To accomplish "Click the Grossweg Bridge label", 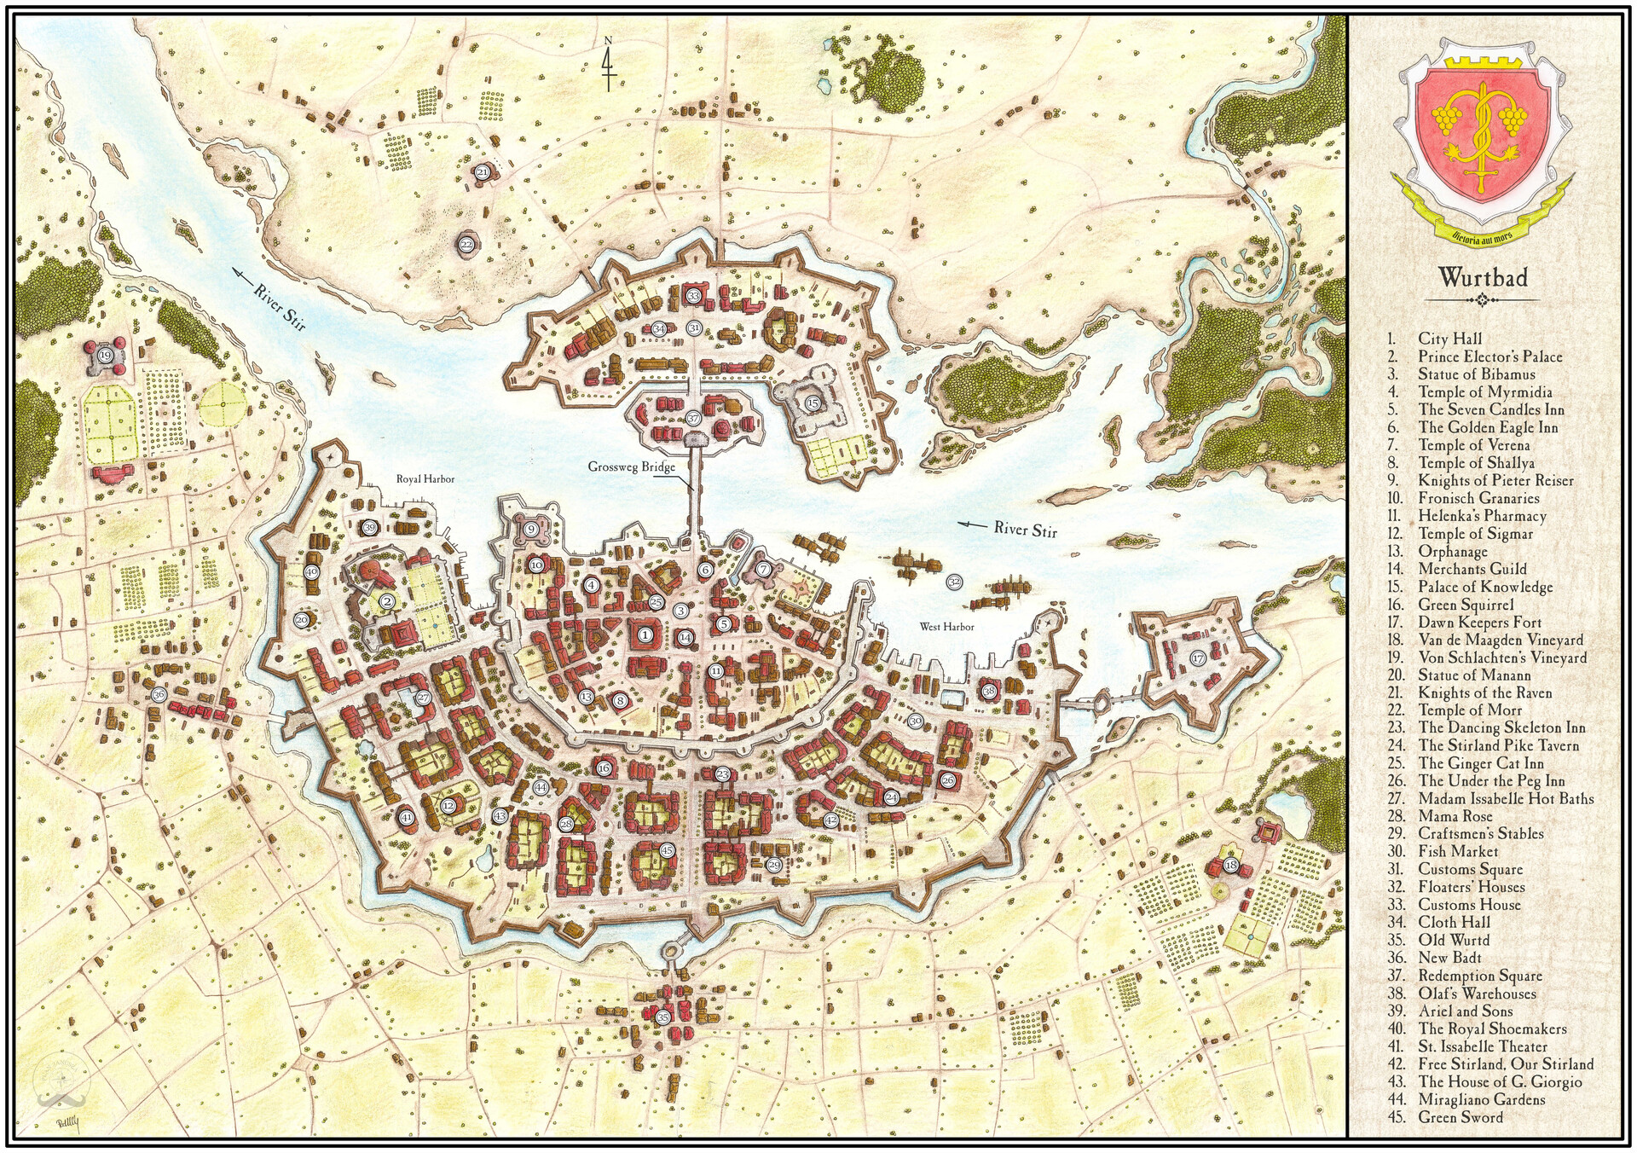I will click(631, 466).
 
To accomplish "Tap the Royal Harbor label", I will click(425, 479).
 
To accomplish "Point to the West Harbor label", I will click(946, 627).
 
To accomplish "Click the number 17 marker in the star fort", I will click(1198, 658).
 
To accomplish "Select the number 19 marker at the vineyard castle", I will click(106, 356).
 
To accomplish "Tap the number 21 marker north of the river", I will click(483, 171).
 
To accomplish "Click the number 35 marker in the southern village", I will click(663, 1017).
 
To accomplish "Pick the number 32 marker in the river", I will click(954, 582).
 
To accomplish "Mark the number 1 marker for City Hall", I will click(645, 634).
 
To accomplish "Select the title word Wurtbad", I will click(1483, 277).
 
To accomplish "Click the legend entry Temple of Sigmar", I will click(1475, 534).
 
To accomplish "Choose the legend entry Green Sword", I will click(1460, 1117).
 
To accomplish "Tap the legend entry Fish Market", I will click(1458, 851).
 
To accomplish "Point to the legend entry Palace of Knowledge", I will click(1485, 587).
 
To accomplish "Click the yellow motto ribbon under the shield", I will click(1482, 229).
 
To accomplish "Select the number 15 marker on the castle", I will click(813, 403).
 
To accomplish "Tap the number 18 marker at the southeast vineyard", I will click(1230, 866).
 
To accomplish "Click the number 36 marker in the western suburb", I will click(159, 695).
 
